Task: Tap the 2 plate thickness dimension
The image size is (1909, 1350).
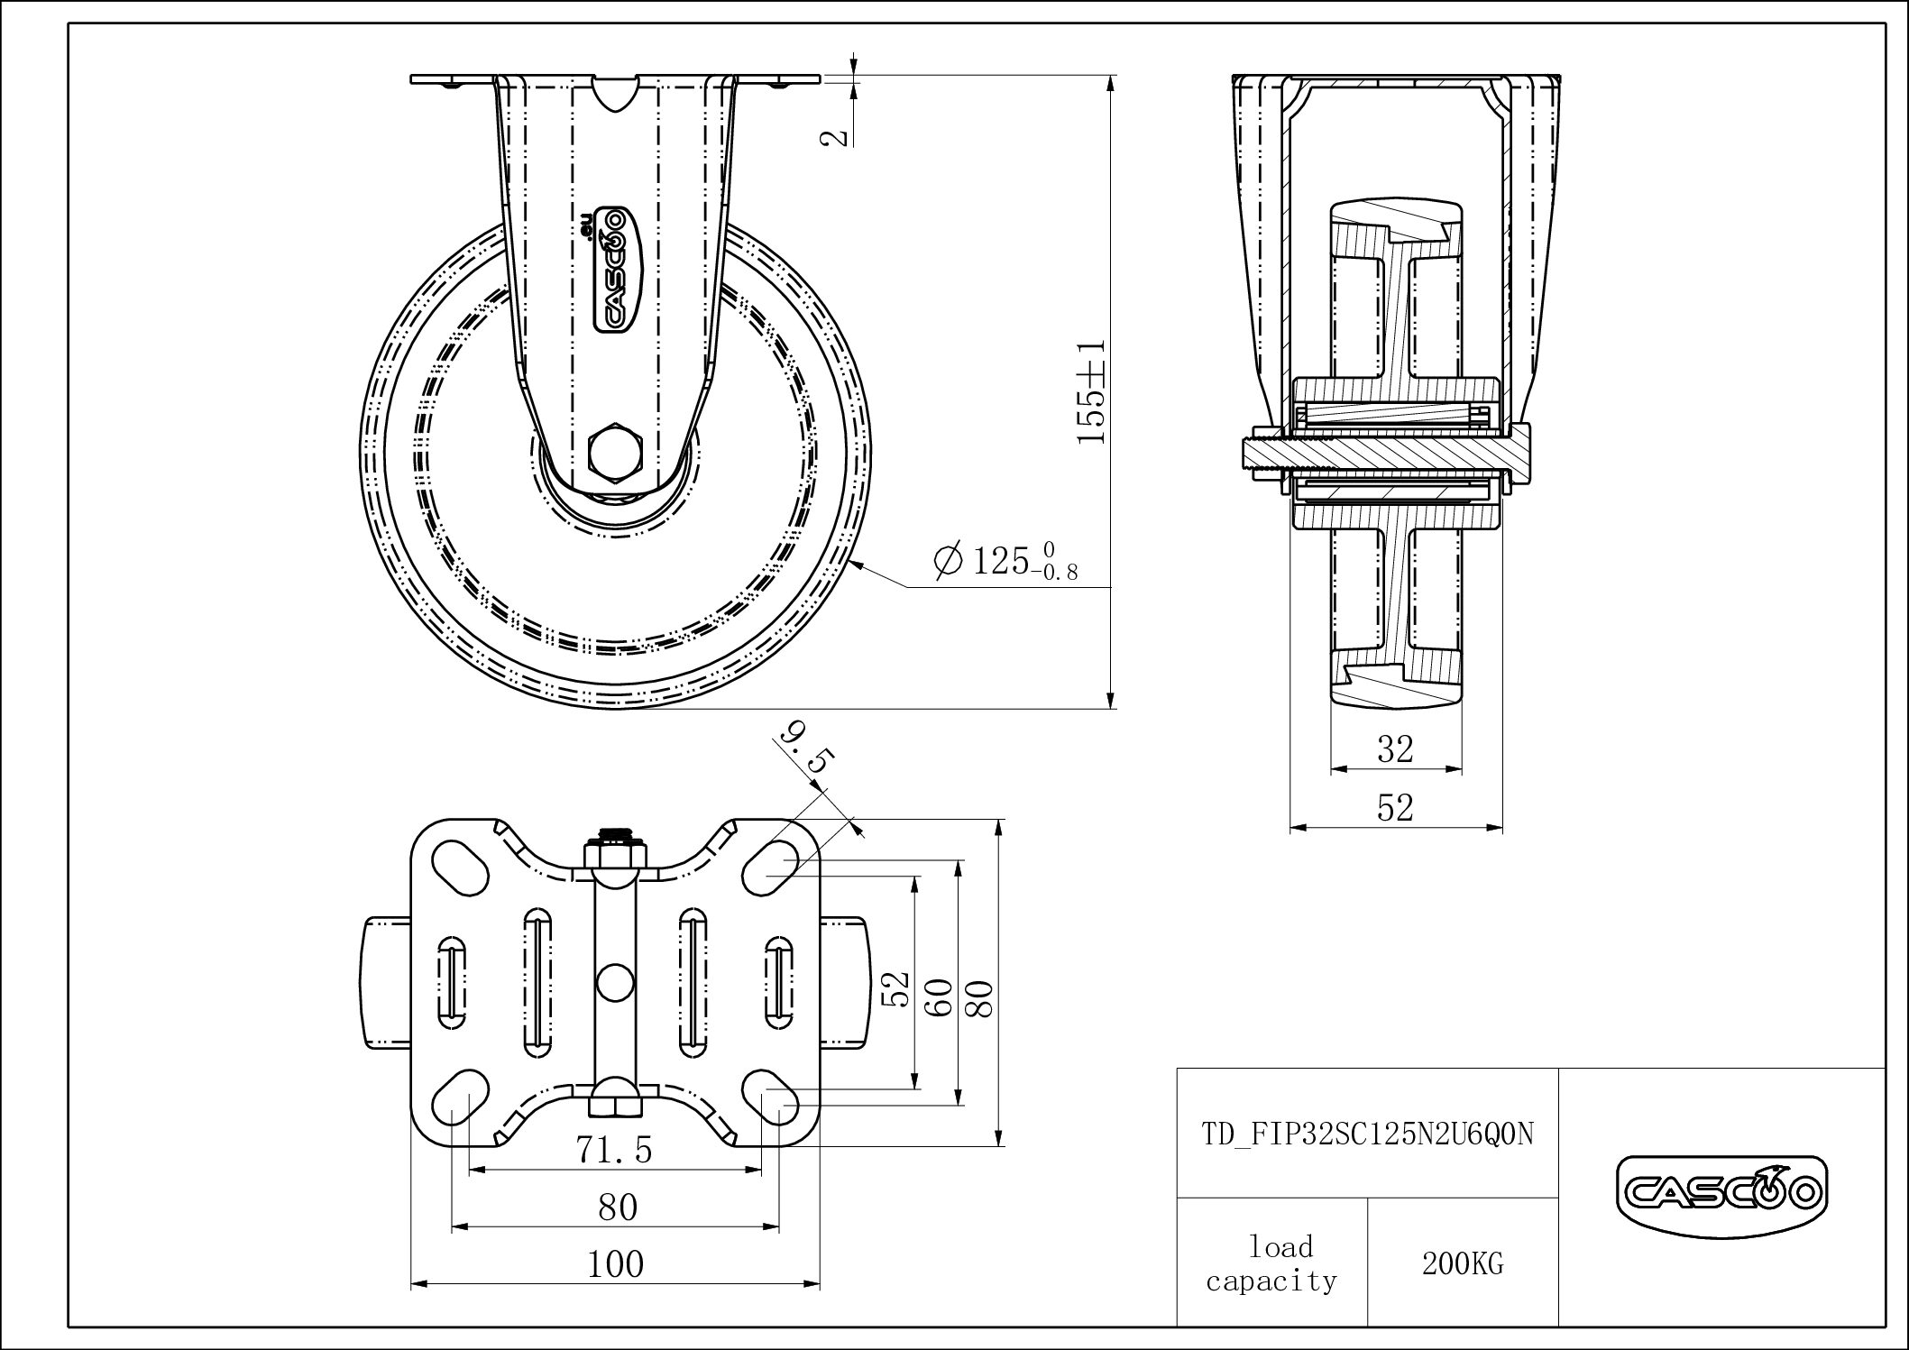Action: point(838,136)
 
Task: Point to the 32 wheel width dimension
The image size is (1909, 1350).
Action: point(1395,748)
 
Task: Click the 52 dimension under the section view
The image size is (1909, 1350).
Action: point(1395,808)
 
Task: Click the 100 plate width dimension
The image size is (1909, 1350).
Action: point(616,1264)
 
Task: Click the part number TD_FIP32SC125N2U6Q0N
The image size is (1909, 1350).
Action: point(1367,1134)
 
